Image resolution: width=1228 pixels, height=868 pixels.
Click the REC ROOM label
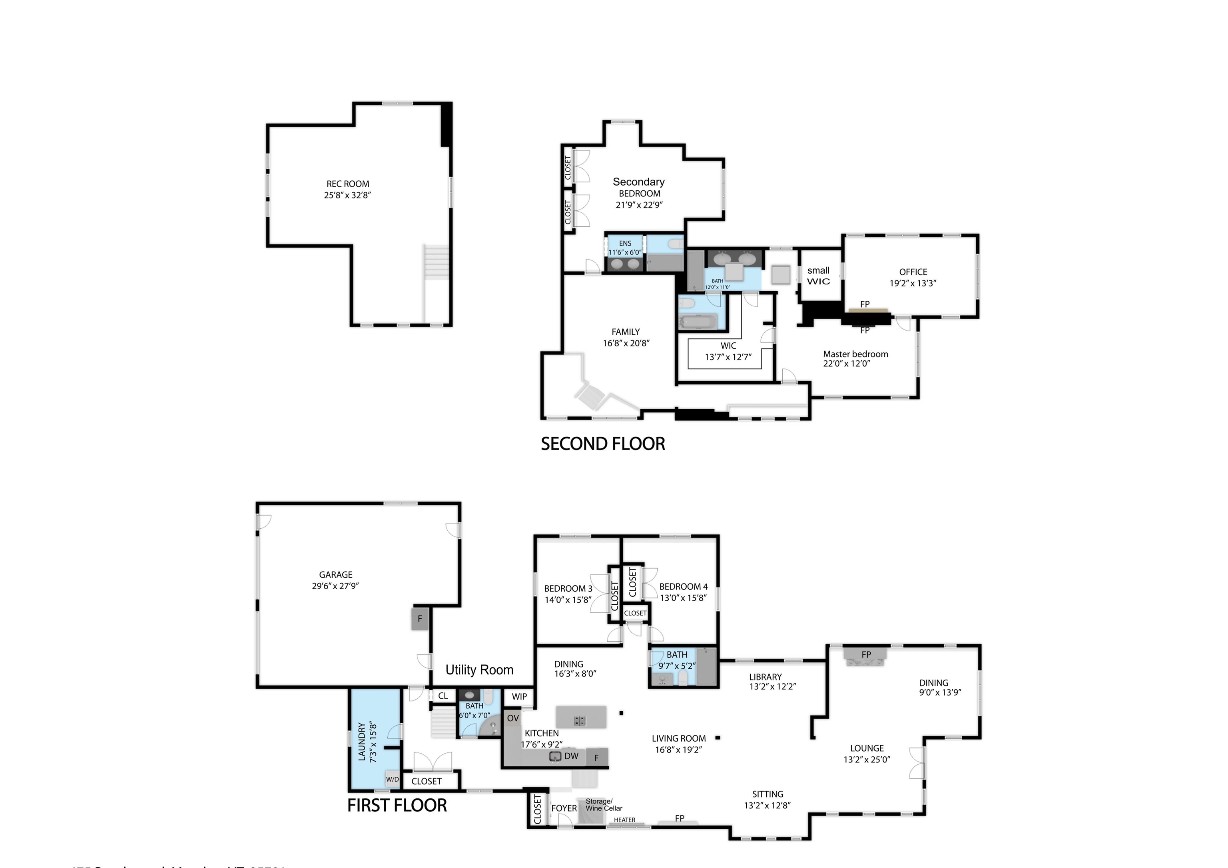click(348, 184)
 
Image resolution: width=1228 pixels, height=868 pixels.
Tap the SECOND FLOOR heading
click(603, 444)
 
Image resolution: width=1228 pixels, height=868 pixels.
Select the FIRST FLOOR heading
click(397, 805)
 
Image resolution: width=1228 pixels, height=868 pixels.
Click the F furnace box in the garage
click(420, 619)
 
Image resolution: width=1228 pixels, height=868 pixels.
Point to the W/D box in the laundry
click(393, 779)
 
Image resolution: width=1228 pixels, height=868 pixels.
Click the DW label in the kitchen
click(571, 756)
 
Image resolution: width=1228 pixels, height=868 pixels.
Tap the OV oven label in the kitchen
click(513, 718)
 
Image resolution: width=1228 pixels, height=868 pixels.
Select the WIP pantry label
click(519, 696)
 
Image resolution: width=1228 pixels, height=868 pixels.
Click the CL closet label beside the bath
click(443, 696)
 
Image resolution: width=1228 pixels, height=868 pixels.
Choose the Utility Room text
click(479, 670)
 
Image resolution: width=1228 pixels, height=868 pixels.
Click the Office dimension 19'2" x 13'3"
click(913, 284)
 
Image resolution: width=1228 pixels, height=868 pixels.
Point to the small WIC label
click(818, 276)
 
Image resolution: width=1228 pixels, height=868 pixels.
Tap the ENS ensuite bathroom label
click(625, 244)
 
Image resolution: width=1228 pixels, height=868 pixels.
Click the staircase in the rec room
click(436, 262)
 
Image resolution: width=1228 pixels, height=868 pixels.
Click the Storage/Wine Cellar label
click(603, 805)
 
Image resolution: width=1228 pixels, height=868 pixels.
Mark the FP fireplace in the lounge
click(866, 654)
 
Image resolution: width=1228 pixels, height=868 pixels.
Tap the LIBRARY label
click(766, 677)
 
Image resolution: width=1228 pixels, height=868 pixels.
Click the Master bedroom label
click(855, 354)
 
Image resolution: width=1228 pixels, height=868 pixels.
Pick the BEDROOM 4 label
click(683, 586)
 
